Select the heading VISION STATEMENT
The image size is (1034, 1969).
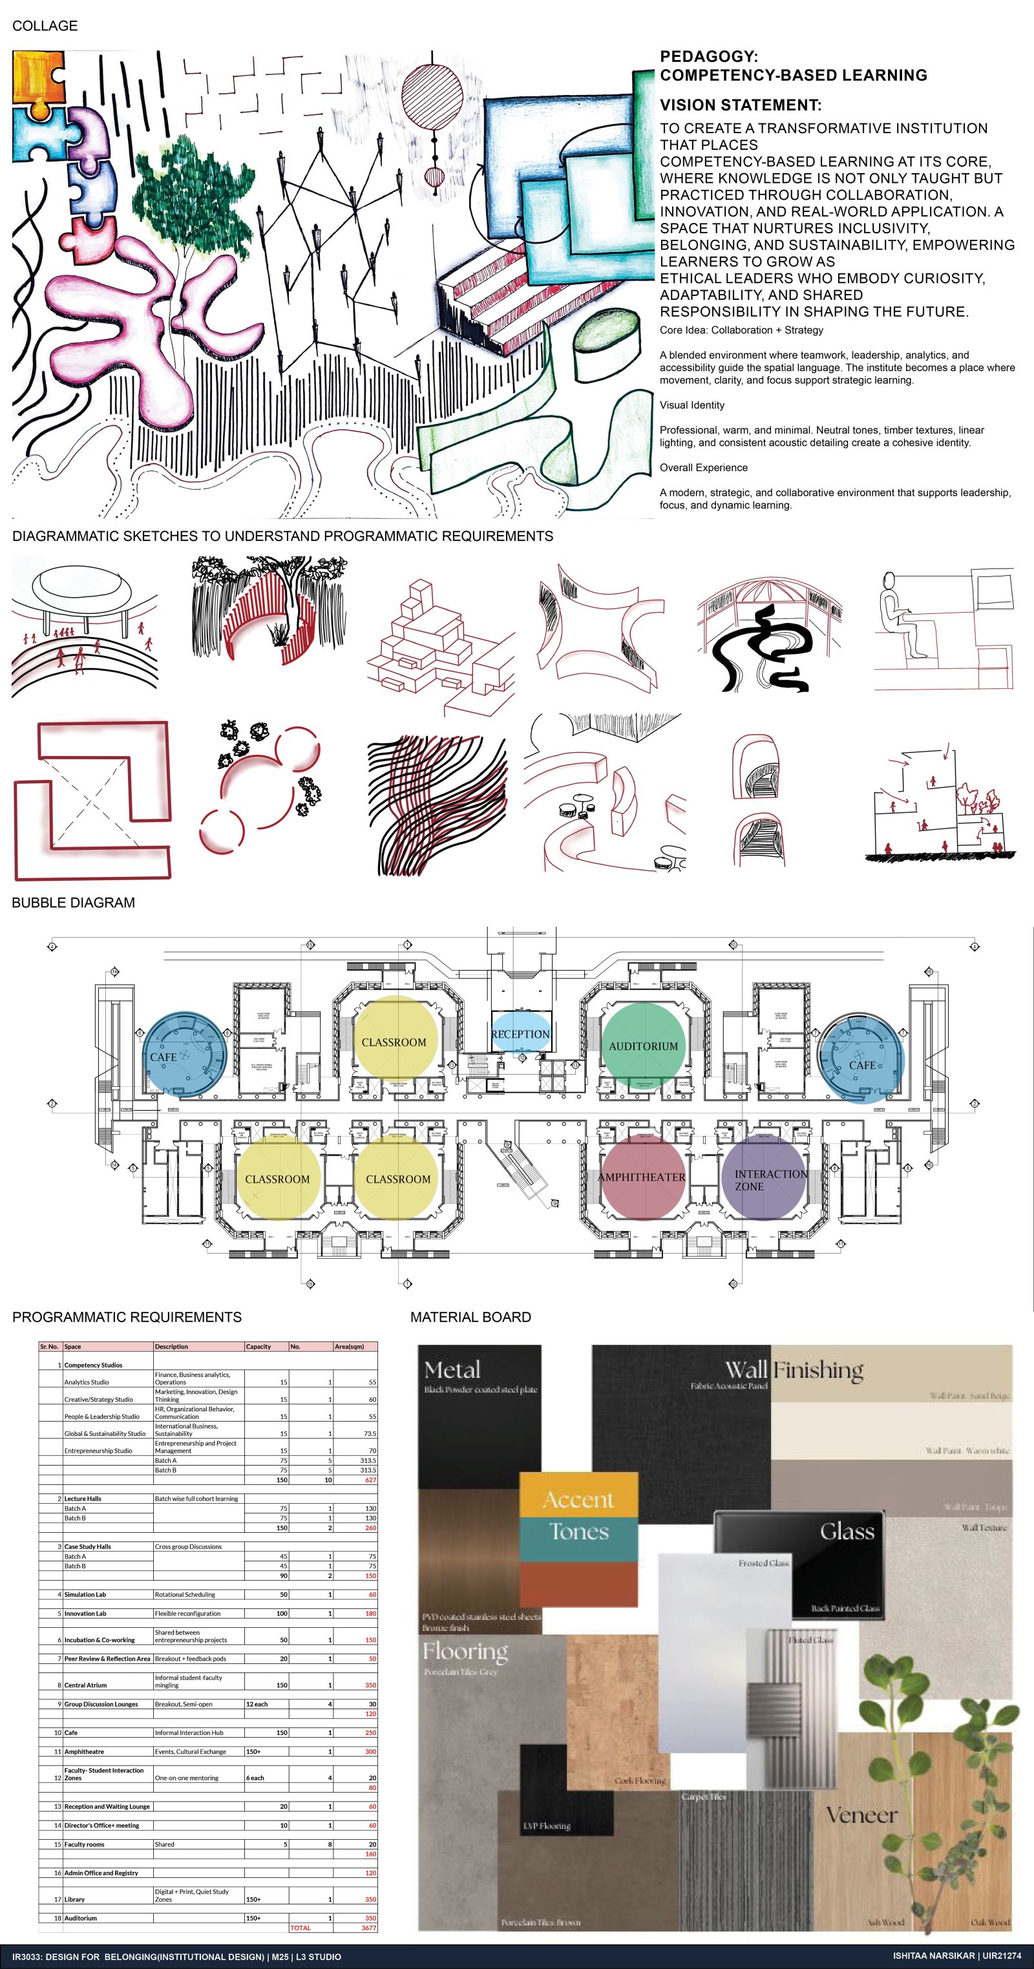(741, 105)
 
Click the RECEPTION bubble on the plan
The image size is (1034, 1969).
(520, 1033)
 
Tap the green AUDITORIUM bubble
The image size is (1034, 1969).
(643, 1045)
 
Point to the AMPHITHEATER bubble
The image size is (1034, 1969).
(641, 1177)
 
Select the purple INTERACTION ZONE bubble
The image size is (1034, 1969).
(765, 1179)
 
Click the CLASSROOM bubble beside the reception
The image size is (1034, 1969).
(394, 1041)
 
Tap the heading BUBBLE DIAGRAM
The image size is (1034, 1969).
(74, 903)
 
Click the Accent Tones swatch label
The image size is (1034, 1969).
(578, 1515)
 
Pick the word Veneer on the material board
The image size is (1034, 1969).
(861, 1814)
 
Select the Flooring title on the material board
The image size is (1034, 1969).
(465, 1652)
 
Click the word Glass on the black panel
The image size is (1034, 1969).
(846, 1531)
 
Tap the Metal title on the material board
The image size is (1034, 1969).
(452, 1370)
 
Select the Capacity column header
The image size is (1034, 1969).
(258, 1347)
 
